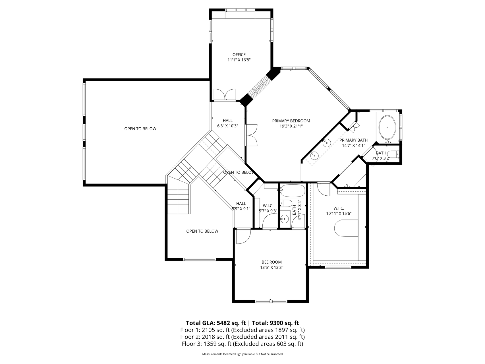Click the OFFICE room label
point(239,55)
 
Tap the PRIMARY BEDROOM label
point(291,121)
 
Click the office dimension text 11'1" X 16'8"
point(239,60)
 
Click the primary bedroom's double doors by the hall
point(252,135)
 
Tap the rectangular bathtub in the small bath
point(293,191)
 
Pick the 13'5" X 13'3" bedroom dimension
point(272,268)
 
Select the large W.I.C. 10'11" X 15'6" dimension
point(339,214)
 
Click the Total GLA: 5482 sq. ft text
point(216,323)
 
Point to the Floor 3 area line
point(242,344)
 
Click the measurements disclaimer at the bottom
point(242,354)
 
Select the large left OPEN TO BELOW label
point(140,129)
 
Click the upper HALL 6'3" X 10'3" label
point(227,123)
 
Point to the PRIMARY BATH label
point(353,140)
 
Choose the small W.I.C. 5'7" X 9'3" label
point(268,208)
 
